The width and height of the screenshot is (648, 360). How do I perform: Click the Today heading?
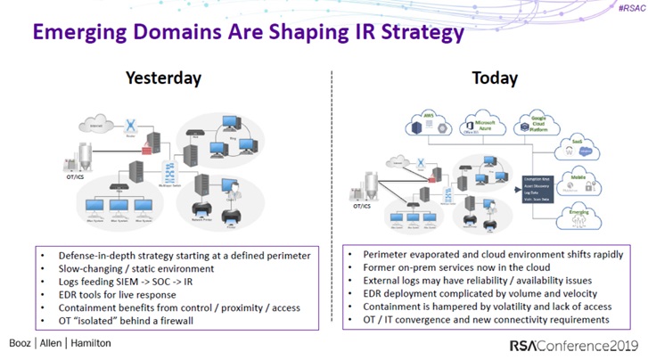[x=495, y=78]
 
